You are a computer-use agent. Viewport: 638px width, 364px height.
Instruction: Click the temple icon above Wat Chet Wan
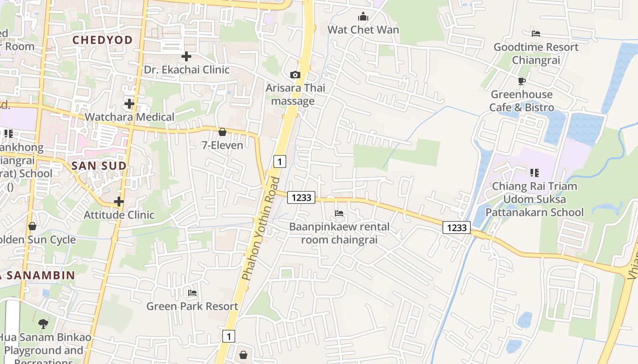[x=363, y=17]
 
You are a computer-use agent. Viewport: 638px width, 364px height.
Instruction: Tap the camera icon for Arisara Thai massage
[x=295, y=75]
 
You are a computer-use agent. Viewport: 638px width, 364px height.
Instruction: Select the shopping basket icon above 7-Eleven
[x=222, y=132]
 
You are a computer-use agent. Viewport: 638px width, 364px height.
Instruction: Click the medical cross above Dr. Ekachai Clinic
[x=186, y=57]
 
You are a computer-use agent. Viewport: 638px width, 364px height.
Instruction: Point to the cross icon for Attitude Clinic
[x=119, y=201]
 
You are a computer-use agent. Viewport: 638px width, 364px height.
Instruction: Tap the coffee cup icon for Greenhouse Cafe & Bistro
[x=522, y=81]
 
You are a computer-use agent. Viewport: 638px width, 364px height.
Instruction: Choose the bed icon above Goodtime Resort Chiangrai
[x=536, y=34]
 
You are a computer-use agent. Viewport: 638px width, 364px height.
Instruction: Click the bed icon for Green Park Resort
[x=192, y=293]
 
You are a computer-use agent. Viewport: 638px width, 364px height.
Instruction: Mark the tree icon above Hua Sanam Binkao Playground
[x=43, y=324]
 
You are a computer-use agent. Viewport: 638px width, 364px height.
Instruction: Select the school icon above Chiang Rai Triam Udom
[x=534, y=173]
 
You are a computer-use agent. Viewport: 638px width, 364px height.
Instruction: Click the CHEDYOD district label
[x=103, y=40]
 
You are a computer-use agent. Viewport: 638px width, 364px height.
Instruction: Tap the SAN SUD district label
[x=99, y=166]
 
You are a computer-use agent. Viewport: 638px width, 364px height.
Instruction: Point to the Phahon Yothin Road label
[x=261, y=228]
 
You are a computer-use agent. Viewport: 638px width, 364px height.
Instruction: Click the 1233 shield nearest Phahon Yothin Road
[x=301, y=197]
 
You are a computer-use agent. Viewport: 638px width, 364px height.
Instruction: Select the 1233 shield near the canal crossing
[x=456, y=227]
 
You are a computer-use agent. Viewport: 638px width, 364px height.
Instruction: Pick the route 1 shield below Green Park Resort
[x=229, y=336]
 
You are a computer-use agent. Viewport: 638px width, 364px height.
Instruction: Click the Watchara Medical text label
[x=129, y=117]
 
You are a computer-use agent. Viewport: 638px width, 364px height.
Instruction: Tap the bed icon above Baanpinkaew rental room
[x=339, y=213]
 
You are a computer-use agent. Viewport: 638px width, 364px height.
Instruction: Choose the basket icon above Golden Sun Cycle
[x=32, y=226]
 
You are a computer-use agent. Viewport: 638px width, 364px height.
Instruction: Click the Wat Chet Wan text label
[x=363, y=30]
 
